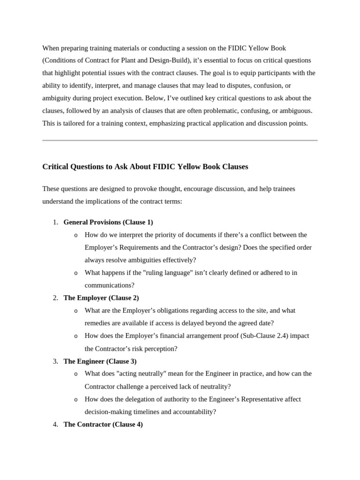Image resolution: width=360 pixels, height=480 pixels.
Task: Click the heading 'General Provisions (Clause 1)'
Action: click(x=108, y=222)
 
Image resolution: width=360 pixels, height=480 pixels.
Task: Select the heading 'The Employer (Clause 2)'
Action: click(x=101, y=298)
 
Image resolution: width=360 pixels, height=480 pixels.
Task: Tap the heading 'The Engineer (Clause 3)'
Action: click(x=100, y=361)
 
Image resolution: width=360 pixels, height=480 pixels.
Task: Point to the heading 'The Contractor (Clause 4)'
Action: click(x=103, y=424)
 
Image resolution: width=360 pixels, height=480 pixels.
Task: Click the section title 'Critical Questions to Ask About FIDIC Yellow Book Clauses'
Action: click(x=145, y=166)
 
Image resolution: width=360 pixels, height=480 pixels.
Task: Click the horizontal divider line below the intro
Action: click(x=180, y=140)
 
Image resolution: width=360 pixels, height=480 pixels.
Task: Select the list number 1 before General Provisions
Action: click(x=55, y=222)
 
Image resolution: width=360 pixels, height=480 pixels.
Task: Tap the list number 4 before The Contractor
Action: click(x=55, y=424)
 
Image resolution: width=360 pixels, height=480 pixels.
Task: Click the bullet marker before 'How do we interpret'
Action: click(x=76, y=235)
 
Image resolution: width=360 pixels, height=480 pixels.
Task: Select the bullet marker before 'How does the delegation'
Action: click(x=76, y=399)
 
